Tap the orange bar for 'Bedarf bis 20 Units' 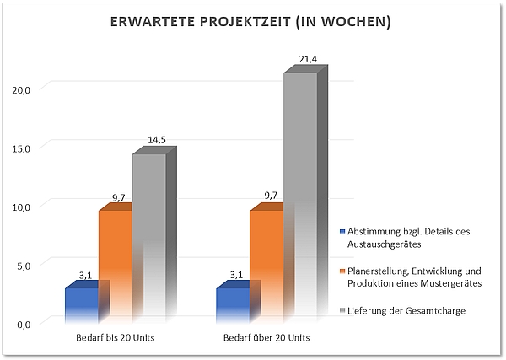(115, 266)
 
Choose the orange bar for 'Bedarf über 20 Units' (266, 266)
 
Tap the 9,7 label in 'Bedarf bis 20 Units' (118, 197)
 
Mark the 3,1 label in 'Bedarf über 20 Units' (236, 275)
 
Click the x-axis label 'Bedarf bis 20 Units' (114, 338)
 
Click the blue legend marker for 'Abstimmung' (342, 231)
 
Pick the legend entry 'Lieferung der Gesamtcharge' (406, 311)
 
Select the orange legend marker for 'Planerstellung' (342, 271)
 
